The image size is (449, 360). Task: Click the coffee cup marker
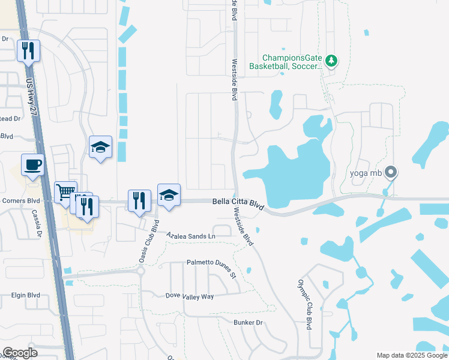coord(32,164)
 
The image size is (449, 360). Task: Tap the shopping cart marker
coord(65,193)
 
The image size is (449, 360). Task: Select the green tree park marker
coord(332,61)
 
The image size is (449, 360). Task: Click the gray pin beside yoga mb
coord(391,173)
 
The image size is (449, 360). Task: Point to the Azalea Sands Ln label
coord(190,236)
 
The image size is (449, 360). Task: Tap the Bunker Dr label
coord(249,323)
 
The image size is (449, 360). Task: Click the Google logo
coord(20,353)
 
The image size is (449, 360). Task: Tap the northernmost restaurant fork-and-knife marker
coord(28,51)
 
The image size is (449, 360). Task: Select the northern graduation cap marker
coord(101,146)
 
